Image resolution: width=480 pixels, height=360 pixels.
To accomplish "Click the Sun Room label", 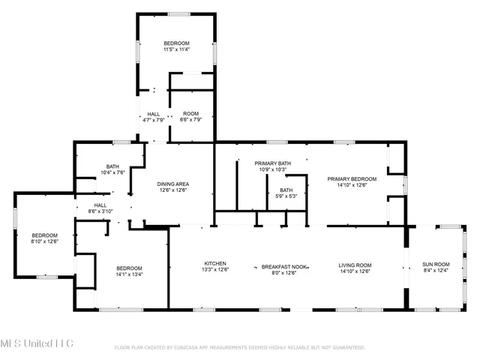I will point(436,264).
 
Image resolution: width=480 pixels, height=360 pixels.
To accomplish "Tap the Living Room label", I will point(355,264).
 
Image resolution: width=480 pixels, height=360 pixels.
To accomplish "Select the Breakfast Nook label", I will point(285,264).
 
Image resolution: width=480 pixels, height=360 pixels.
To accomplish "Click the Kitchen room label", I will point(215,263).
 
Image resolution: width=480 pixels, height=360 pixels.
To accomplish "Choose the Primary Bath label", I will point(272,163).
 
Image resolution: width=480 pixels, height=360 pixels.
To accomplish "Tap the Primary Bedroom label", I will point(352,178).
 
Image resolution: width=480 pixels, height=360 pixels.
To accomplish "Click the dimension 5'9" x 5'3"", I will point(288,196).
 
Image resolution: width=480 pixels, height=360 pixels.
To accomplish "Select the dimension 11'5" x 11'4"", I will point(177,50).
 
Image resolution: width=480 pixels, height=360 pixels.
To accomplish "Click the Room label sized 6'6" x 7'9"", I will point(190,114).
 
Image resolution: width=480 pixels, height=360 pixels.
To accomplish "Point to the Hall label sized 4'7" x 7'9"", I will point(154,114).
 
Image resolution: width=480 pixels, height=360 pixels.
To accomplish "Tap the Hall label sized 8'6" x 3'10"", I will point(100,205).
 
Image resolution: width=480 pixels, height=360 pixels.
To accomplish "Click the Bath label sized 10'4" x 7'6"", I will point(112,166).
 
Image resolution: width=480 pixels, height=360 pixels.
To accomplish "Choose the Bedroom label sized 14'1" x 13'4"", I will point(129,268).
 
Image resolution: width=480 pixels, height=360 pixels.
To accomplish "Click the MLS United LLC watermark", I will point(37,343).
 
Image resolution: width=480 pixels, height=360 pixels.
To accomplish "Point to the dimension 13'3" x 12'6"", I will point(215,270).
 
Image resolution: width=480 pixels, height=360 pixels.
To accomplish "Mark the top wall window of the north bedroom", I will point(178,13).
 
